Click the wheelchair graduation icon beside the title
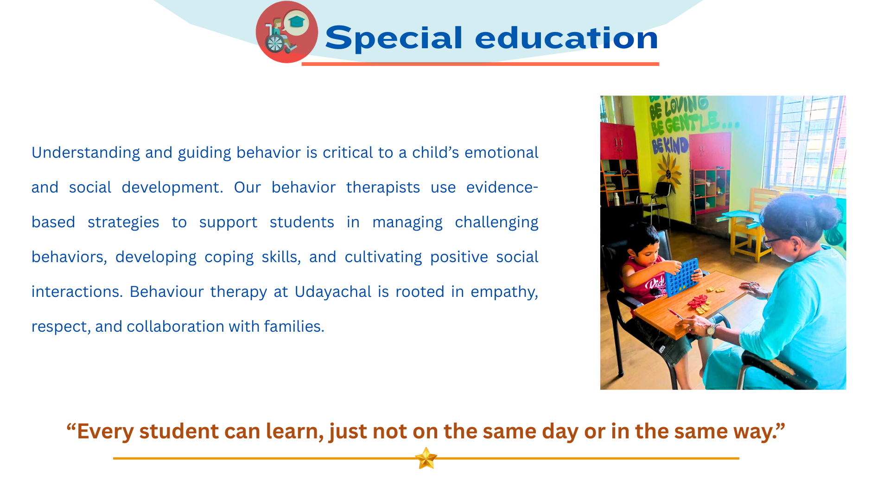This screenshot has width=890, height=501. coord(287,32)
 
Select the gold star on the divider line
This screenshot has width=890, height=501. coord(426,458)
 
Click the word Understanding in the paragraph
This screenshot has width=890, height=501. coord(86,153)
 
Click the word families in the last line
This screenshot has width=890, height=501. coord(294,327)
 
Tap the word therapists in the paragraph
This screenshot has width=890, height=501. coord(383,188)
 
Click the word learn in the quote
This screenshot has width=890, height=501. coord(294,431)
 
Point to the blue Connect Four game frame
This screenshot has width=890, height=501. coord(682,277)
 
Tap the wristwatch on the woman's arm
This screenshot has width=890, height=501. coord(711,330)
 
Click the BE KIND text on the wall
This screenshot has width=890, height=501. coord(670,146)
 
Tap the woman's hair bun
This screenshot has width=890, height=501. coord(826,211)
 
